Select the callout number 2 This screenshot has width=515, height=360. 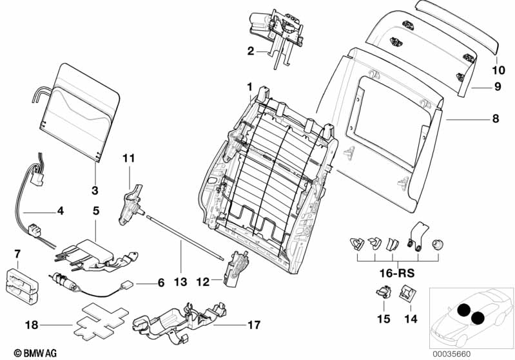[250, 52]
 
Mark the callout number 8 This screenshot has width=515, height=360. [495, 119]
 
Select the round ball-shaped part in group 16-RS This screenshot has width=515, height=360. [439, 244]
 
